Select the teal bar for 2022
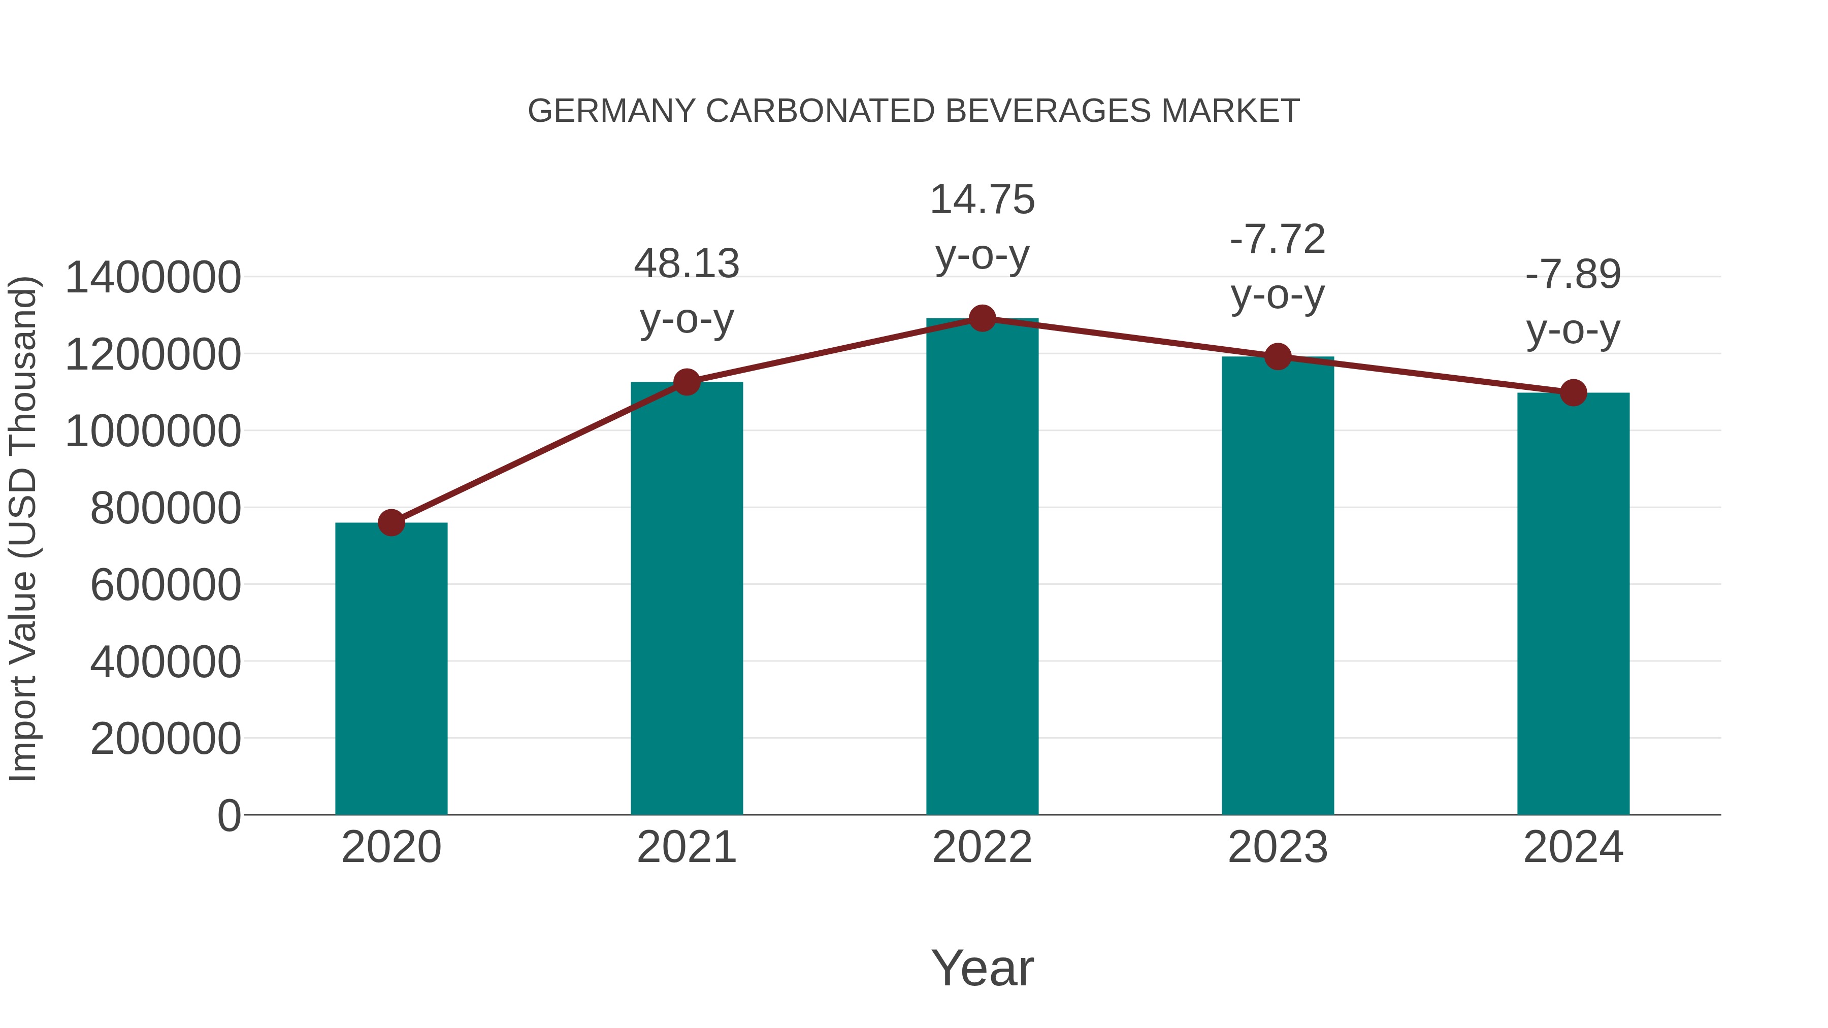[982, 568]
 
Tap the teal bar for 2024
[1573, 603]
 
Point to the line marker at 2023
[1278, 357]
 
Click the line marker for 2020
[391, 523]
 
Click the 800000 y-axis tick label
[166, 508]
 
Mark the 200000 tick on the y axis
[166, 739]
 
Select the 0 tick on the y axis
[229, 815]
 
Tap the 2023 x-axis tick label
[1278, 847]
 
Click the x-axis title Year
[982, 968]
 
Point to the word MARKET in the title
[1230, 111]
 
